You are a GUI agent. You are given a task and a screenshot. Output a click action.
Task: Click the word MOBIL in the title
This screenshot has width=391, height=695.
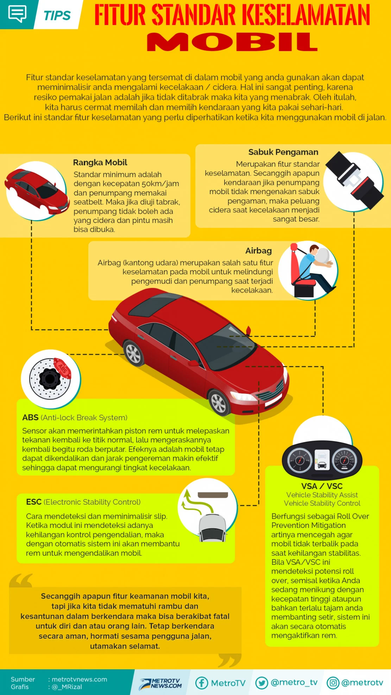[232, 42]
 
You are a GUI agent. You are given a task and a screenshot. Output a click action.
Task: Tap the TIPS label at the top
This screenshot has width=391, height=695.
[57, 15]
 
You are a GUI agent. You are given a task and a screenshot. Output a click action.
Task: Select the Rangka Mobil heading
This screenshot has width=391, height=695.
[100, 162]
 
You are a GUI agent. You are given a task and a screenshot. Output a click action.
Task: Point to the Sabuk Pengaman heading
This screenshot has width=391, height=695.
[283, 152]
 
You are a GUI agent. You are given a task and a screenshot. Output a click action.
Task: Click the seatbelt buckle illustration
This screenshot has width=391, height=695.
[354, 180]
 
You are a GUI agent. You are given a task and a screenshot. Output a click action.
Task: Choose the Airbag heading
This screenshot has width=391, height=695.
[258, 251]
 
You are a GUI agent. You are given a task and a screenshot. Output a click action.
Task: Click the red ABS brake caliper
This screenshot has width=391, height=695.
[63, 368]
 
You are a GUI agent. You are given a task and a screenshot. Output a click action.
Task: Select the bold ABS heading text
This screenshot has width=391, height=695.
[30, 418]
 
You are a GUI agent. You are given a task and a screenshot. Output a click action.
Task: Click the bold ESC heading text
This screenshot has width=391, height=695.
[34, 502]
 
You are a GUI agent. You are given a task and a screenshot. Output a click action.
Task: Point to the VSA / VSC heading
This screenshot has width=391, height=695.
[322, 486]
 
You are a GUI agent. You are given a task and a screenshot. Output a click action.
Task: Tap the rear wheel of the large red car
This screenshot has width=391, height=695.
[133, 353]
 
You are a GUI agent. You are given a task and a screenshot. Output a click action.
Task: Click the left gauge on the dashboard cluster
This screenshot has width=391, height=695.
[299, 460]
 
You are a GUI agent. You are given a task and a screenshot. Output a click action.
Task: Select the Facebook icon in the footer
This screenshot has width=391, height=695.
[202, 683]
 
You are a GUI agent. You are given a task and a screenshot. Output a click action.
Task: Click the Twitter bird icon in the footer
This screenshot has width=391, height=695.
[261, 683]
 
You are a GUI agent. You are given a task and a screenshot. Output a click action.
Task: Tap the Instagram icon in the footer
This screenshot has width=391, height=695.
[333, 683]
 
